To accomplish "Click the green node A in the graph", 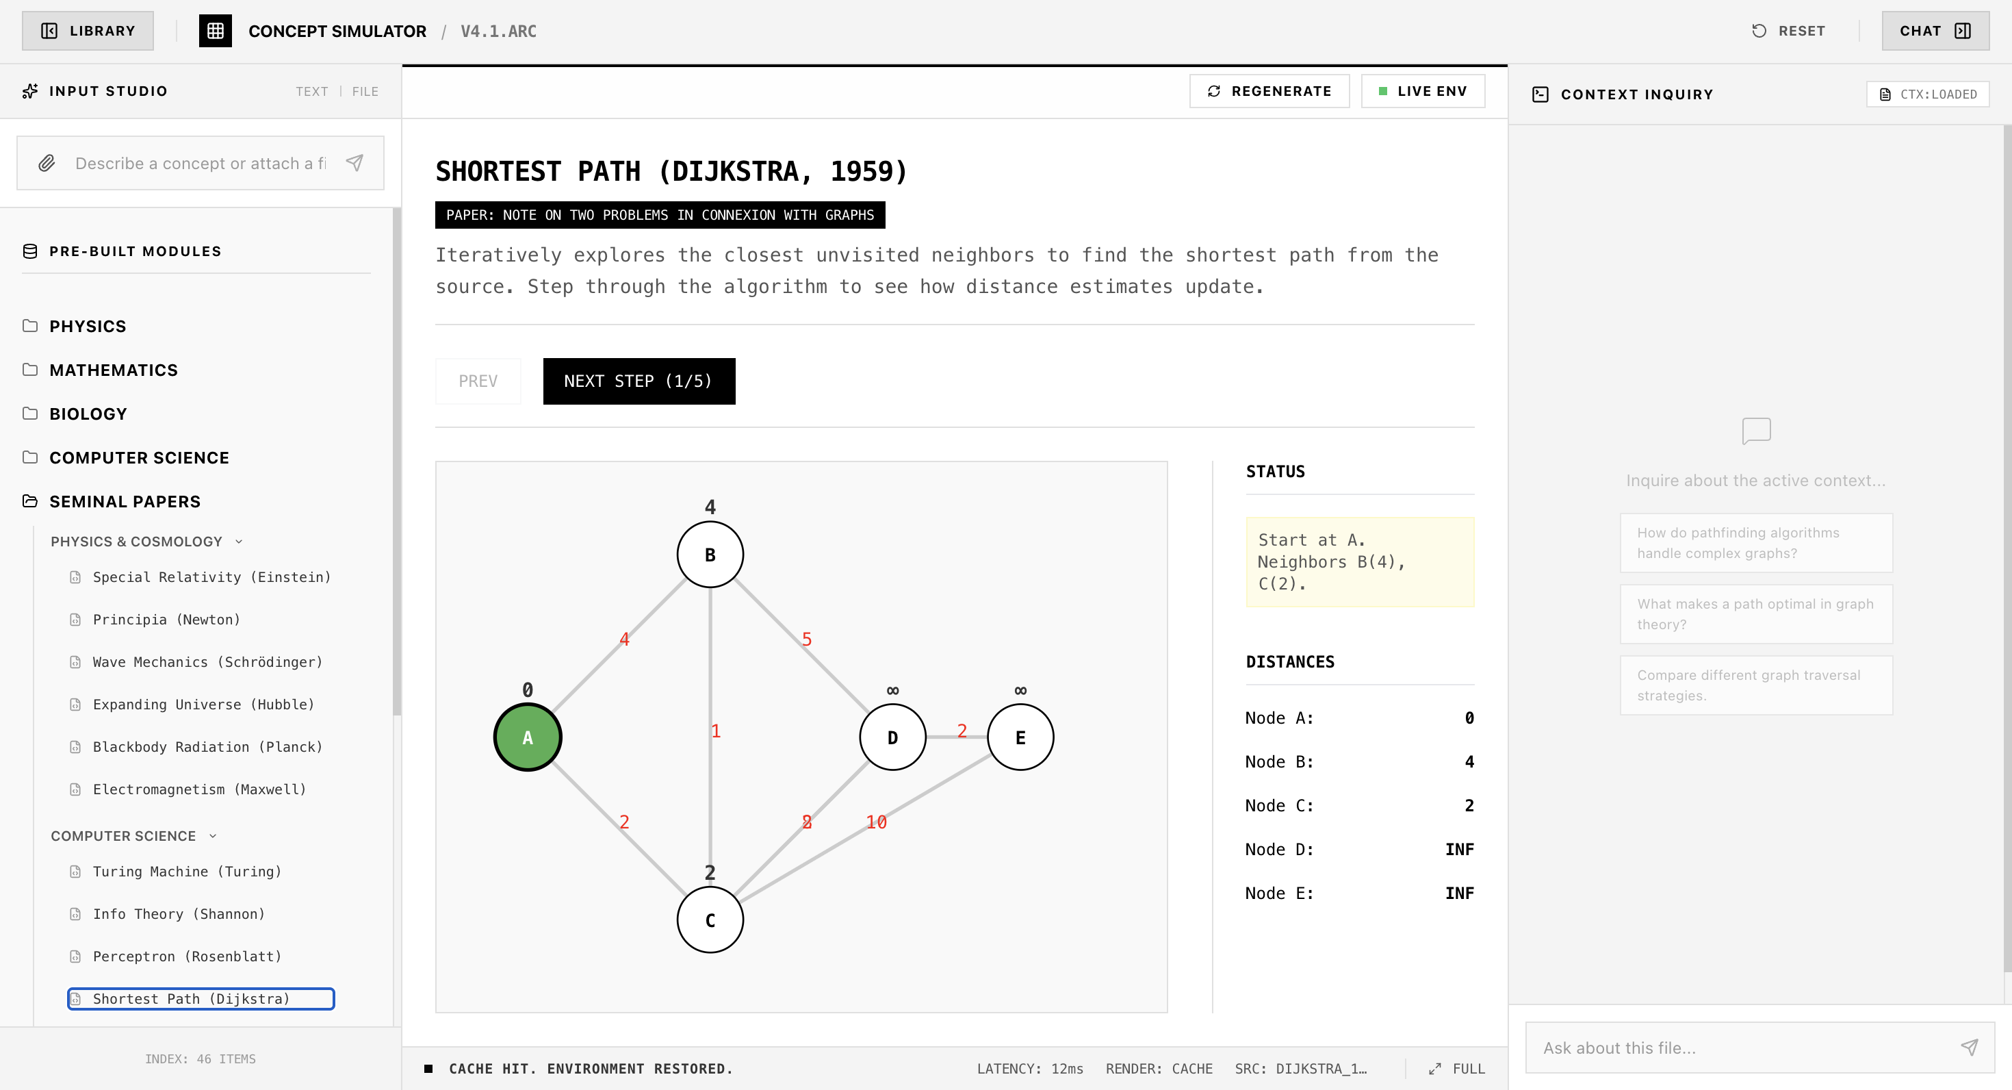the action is tap(527, 737).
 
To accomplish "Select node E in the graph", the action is tap(1020, 737).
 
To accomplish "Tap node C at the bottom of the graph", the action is tap(710, 920).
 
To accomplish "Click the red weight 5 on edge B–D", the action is tap(807, 639).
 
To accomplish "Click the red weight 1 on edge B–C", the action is tap(715, 731).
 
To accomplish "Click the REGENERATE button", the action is tap(1269, 92).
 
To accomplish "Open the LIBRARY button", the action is tap(88, 31).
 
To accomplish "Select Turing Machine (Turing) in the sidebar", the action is tap(187, 871).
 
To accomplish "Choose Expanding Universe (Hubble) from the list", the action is tap(203, 704).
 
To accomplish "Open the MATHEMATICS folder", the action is tap(113, 370).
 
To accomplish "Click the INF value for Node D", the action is tap(1459, 850).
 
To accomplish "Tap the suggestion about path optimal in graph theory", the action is tap(1756, 614).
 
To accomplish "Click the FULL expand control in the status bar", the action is tap(1457, 1068).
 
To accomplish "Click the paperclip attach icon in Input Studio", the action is tap(47, 164).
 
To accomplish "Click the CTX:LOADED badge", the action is tap(1928, 94).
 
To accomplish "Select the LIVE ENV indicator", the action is tap(1423, 92).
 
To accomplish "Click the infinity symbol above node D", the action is tap(893, 691).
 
